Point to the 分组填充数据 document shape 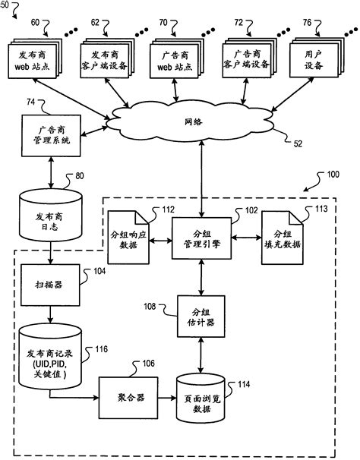click(281, 240)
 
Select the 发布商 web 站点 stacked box click(31, 60)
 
